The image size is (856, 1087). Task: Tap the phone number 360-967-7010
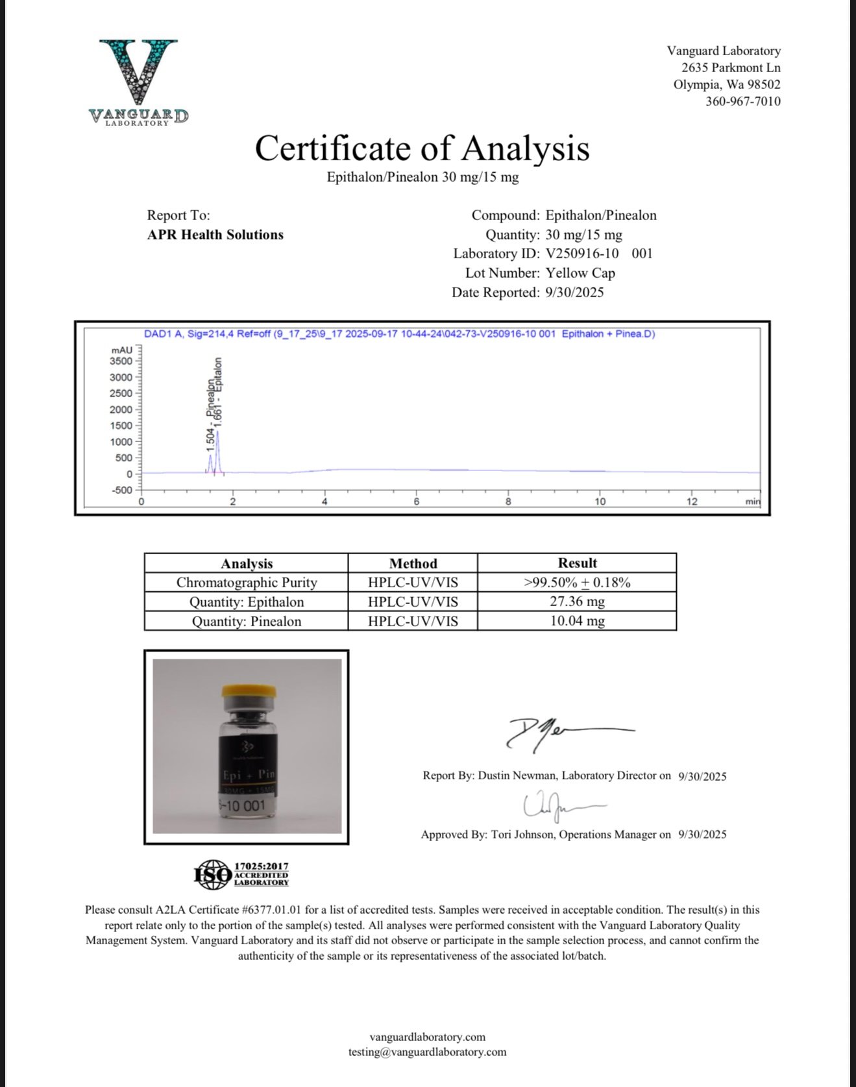[743, 101]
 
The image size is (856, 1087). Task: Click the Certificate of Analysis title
[422, 148]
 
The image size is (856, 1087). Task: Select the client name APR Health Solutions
[215, 235]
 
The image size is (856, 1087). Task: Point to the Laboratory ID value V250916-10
[582, 254]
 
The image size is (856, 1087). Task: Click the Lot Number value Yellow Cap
[580, 273]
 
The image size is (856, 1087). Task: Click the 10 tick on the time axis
[600, 502]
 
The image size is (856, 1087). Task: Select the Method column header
[413, 563]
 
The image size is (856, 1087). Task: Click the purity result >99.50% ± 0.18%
[577, 583]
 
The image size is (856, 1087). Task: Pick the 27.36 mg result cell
[577, 602]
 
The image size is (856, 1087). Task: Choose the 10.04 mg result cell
[577, 621]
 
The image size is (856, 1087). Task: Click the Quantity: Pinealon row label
[247, 622]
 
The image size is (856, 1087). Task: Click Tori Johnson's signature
[558, 805]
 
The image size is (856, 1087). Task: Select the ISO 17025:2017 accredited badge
[241, 874]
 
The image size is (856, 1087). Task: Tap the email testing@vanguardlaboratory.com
[427, 1052]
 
